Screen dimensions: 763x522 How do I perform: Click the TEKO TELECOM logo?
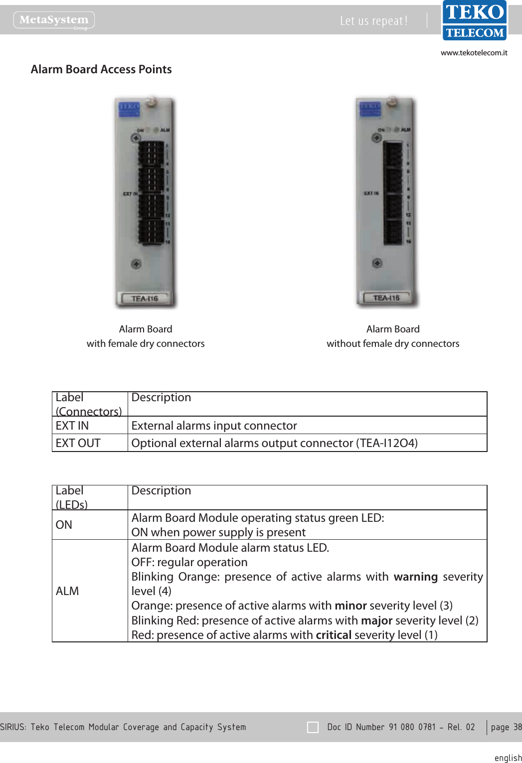pos(474,21)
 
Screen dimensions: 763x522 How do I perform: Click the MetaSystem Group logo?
pos(54,20)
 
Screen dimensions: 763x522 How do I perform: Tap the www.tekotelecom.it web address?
pos(474,53)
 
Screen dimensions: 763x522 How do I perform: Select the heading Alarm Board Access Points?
pos(101,69)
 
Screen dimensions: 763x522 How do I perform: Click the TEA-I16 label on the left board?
pos(145,299)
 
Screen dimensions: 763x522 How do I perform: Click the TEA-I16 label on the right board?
pos(386,298)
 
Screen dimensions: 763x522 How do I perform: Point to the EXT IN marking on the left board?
pos(130,194)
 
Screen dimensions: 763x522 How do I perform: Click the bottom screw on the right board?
pos(377,263)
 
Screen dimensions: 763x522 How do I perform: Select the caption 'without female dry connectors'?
pos(393,343)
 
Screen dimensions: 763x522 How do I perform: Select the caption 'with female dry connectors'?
pos(146,343)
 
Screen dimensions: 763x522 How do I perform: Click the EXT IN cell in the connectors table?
pos(72,426)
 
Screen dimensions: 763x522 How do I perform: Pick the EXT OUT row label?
pos(78,443)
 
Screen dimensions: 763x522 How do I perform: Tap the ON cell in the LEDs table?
pos(64,525)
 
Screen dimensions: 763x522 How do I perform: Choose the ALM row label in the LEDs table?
pos(67,591)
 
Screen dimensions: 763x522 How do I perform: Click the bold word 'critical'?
pos(334,635)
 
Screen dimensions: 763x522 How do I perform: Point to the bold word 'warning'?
pos(415,577)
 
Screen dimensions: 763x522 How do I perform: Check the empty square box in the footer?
pos(313,727)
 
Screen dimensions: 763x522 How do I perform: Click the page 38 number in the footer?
pos(506,727)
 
